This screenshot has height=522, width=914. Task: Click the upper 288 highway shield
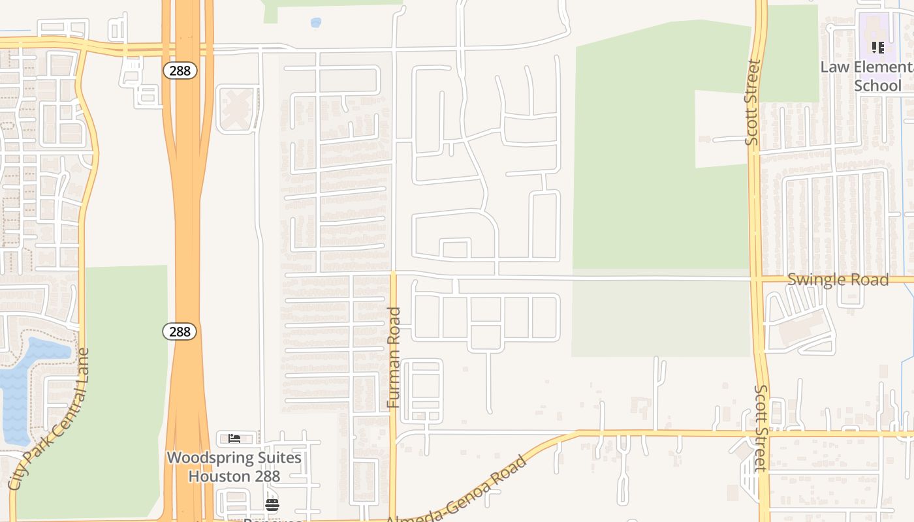179,70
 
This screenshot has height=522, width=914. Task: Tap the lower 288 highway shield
179,331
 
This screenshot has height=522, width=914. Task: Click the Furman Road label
394,358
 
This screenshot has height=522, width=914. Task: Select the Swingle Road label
838,280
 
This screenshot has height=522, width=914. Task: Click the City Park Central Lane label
50,419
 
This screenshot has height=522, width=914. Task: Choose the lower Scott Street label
761,427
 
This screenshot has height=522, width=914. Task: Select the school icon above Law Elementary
878,47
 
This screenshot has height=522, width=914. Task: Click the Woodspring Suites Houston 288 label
234,467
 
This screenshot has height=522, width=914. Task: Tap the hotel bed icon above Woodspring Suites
234,438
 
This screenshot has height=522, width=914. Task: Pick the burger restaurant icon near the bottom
272,504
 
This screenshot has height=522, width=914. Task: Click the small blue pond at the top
316,23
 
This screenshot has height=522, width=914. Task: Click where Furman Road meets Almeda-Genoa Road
393,519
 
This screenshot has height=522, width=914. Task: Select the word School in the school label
877,85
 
